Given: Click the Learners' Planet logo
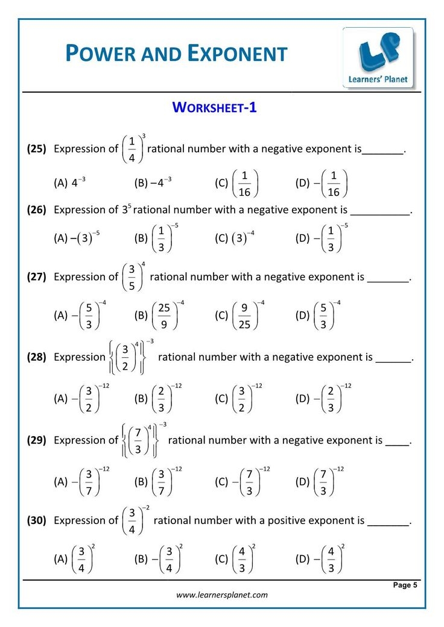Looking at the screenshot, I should click(x=378, y=57).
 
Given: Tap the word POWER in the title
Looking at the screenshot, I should click(x=101, y=54).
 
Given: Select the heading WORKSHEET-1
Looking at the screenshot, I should click(x=215, y=107).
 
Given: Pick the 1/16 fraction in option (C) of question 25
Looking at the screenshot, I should click(x=244, y=183).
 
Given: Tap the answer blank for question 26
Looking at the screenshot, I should click(x=380, y=211).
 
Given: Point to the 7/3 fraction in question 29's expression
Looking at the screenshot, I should click(x=138, y=440).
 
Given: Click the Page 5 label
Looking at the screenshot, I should click(x=405, y=585).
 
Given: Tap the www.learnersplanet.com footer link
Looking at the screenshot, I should click(x=222, y=595).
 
